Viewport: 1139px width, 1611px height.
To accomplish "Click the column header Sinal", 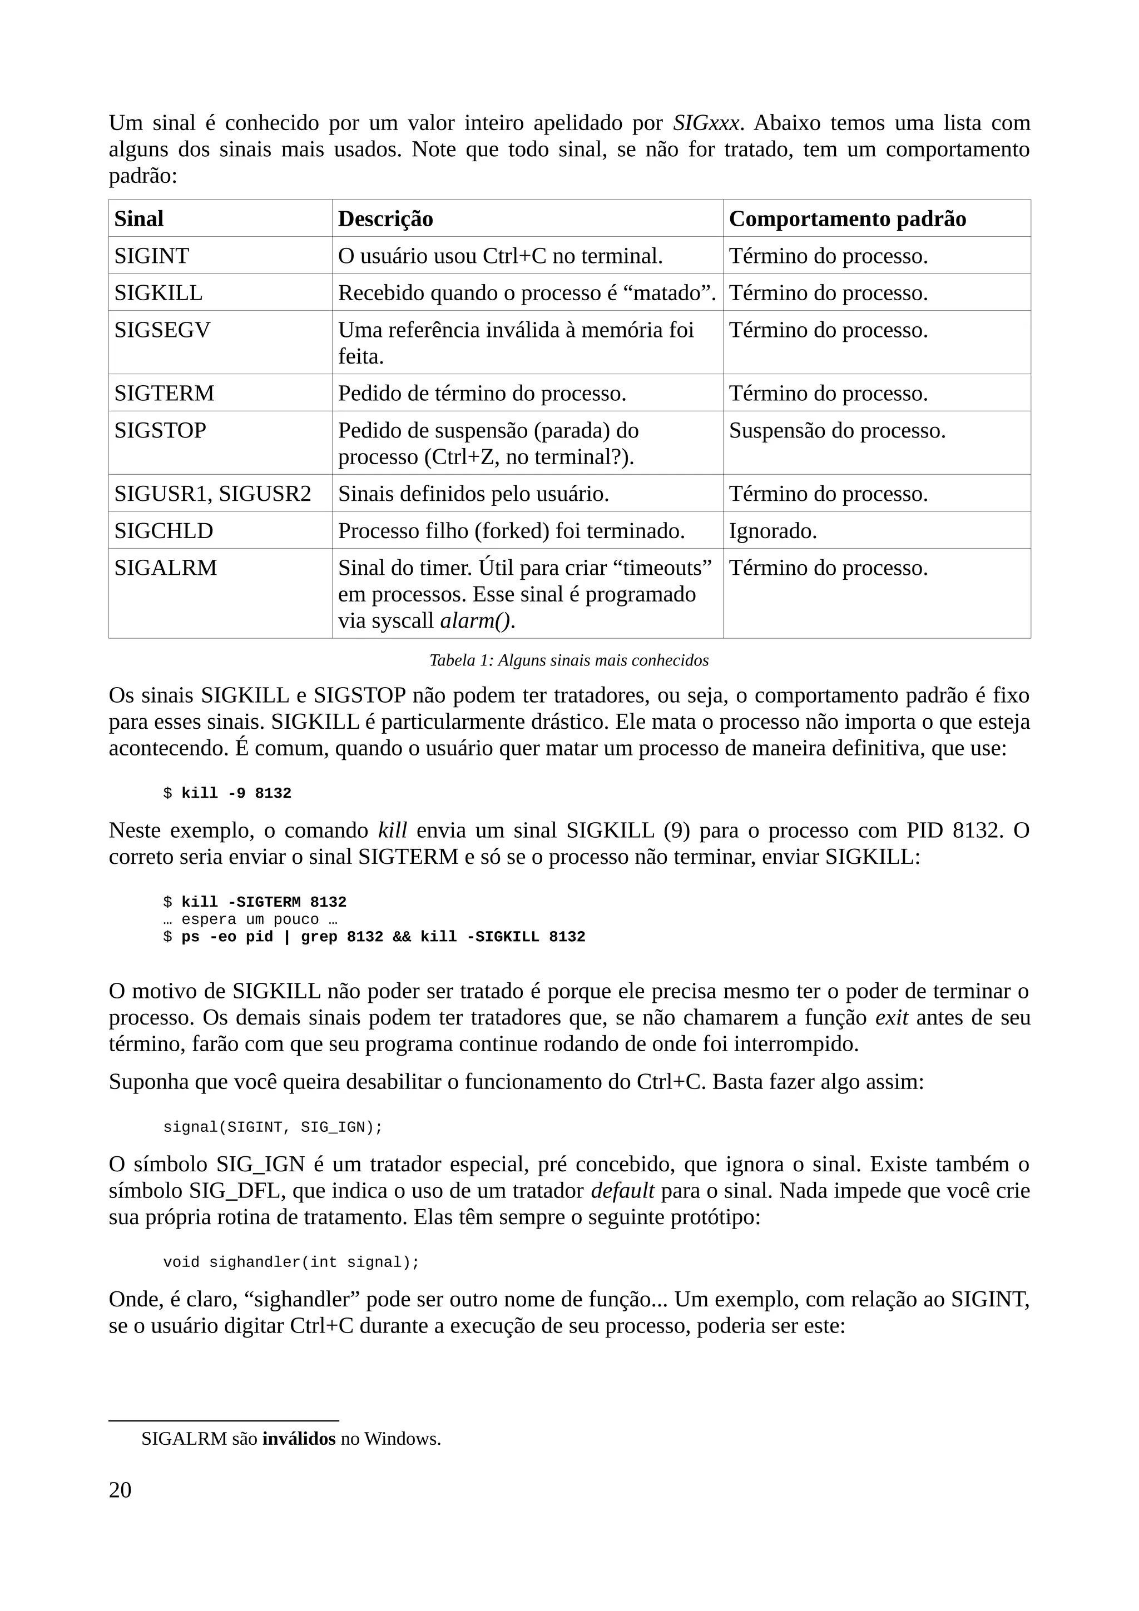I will tap(139, 219).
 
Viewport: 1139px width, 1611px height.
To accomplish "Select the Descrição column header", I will tap(385, 219).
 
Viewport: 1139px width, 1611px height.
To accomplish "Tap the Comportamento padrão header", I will tap(847, 219).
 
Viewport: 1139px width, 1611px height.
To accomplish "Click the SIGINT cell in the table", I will tap(152, 256).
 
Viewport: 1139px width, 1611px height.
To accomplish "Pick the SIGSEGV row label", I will tap(162, 330).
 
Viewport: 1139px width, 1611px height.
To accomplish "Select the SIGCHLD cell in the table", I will tap(164, 530).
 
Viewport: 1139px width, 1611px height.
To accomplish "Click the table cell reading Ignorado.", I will tap(772, 531).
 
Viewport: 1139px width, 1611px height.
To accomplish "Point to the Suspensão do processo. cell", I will tap(837, 430).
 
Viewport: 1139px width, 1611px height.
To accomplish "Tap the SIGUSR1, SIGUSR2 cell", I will tap(212, 494).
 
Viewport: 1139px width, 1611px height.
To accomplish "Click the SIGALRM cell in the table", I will tap(166, 568).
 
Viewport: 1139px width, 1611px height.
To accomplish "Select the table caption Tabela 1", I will tap(568, 660).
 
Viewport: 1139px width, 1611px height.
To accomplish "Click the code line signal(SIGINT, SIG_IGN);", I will tap(273, 1127).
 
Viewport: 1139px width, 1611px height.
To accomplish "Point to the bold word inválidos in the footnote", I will tap(299, 1439).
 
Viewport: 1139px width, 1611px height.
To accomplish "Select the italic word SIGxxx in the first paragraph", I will tap(706, 123).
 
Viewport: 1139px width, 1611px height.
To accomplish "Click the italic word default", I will tap(622, 1191).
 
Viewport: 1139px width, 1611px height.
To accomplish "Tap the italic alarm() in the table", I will tap(474, 621).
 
